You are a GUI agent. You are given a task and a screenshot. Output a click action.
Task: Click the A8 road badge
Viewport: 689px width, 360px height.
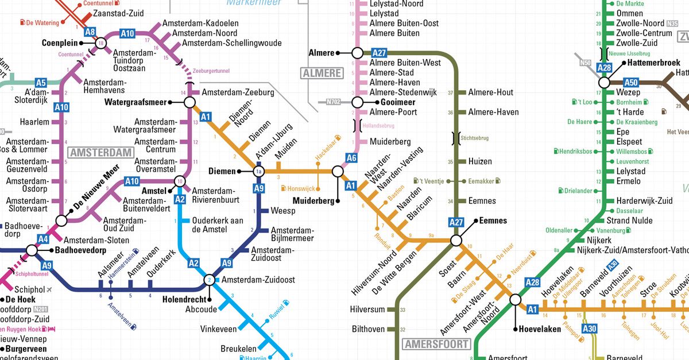point(90,33)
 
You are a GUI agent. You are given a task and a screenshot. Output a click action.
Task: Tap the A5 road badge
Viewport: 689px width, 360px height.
point(41,83)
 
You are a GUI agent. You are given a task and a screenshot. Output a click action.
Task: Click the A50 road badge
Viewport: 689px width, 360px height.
point(631,83)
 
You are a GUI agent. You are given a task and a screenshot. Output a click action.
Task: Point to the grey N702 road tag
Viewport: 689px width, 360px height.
point(333,102)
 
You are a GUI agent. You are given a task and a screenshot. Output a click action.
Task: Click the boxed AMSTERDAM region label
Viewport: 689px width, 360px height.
point(100,153)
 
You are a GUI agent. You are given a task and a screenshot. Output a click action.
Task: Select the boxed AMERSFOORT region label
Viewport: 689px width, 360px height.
point(436,344)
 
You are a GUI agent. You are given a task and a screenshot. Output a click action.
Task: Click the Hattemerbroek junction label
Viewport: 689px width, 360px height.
point(653,63)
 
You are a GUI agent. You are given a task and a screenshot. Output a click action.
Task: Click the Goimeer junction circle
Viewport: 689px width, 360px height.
point(357,102)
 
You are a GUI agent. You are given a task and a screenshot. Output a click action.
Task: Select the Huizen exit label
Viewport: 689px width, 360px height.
point(480,162)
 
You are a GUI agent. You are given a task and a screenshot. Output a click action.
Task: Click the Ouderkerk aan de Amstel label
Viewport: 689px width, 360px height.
point(218,224)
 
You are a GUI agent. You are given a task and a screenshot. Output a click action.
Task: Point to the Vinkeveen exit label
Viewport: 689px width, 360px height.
point(218,329)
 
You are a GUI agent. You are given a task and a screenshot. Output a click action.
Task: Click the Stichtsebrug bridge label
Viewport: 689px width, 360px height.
point(475,138)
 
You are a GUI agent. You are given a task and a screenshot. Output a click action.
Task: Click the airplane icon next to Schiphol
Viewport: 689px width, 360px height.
point(49,289)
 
